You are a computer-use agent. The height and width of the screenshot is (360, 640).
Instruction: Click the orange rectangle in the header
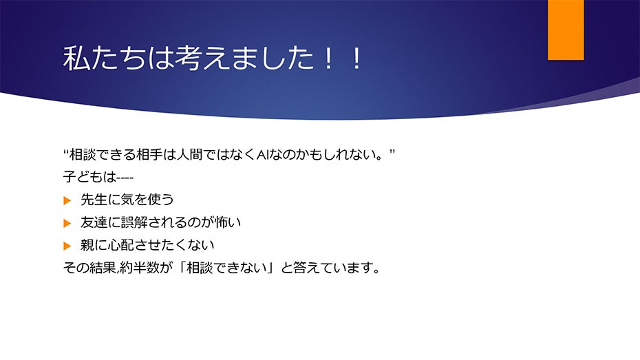coord(566,30)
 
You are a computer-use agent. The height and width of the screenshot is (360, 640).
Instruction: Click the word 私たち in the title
coord(105,58)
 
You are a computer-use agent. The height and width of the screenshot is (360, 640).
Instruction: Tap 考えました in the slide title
coord(244,58)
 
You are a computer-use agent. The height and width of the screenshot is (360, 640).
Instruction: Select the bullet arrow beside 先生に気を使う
coord(67,200)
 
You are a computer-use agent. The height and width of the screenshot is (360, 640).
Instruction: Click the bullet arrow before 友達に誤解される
coord(67,223)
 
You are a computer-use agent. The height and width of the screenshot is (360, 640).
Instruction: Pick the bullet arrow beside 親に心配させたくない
coord(67,246)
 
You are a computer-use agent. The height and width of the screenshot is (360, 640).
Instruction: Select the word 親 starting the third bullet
coord(87,245)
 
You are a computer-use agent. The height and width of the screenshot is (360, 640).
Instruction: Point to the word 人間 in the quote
coord(190,155)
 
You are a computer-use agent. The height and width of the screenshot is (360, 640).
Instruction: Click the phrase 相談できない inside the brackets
coord(226,268)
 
